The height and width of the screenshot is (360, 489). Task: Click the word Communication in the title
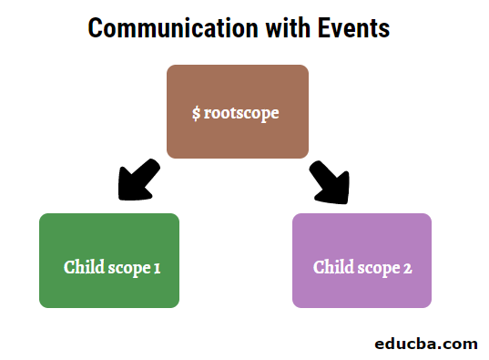[x=156, y=28]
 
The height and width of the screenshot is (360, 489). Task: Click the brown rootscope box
[x=238, y=111]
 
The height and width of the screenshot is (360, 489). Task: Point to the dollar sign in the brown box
[x=197, y=114]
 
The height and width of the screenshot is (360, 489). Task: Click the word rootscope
[x=242, y=114]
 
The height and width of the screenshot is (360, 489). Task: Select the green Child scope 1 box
[x=109, y=261]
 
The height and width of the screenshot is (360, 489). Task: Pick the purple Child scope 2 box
[x=362, y=261]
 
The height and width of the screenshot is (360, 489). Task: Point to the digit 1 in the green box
[x=157, y=268]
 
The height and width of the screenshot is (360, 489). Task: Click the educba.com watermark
[x=426, y=344]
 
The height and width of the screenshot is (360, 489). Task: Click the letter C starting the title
[x=95, y=28]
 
